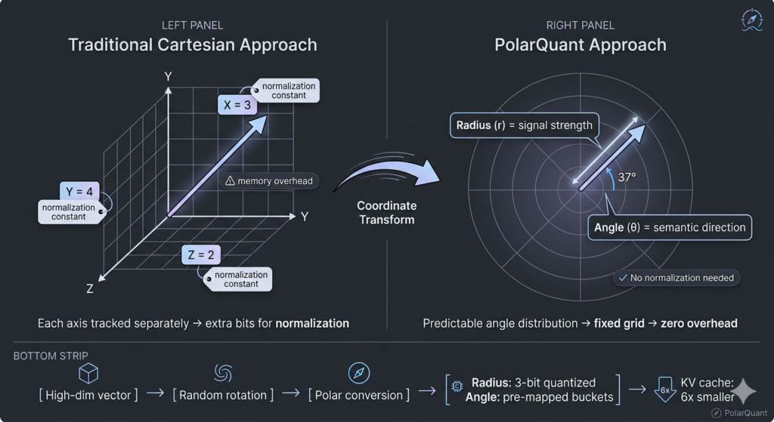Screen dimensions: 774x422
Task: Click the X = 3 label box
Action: [237, 104]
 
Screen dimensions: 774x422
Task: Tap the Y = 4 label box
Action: [79, 191]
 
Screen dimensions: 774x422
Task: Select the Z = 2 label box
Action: [201, 254]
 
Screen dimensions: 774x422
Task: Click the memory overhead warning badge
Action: [269, 181]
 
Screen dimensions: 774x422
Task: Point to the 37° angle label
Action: [627, 177]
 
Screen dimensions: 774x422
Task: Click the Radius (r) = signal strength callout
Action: [525, 125]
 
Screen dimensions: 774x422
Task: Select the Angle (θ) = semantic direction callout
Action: [670, 227]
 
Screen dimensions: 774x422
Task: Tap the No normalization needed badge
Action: [676, 278]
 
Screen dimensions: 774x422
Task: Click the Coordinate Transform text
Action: [387, 212]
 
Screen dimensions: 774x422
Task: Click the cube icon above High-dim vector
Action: [88, 373]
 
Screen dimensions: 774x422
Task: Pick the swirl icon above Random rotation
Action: [223, 373]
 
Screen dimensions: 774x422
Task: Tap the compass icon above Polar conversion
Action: [359, 373]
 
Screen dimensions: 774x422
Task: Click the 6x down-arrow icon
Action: [664, 389]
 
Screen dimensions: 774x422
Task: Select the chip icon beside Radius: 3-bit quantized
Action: [457, 386]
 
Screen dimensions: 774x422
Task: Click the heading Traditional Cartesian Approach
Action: [193, 45]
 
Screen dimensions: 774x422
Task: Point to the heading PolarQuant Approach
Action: [580, 45]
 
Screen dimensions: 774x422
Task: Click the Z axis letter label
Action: [90, 289]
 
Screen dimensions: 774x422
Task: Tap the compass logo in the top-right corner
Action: [752, 20]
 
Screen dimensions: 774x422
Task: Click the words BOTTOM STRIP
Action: [51, 356]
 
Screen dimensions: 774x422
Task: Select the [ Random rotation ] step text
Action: [223, 395]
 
